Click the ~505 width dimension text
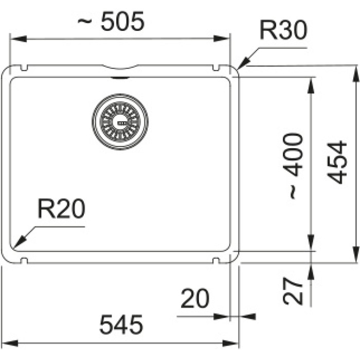click(x=111, y=21)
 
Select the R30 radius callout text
click(x=283, y=30)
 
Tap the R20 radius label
click(x=61, y=208)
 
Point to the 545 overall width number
click(x=121, y=325)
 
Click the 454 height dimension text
click(x=337, y=163)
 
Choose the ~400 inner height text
click(x=293, y=166)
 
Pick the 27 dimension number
click(x=293, y=291)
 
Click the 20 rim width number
click(x=195, y=298)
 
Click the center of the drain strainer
click(x=120, y=122)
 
